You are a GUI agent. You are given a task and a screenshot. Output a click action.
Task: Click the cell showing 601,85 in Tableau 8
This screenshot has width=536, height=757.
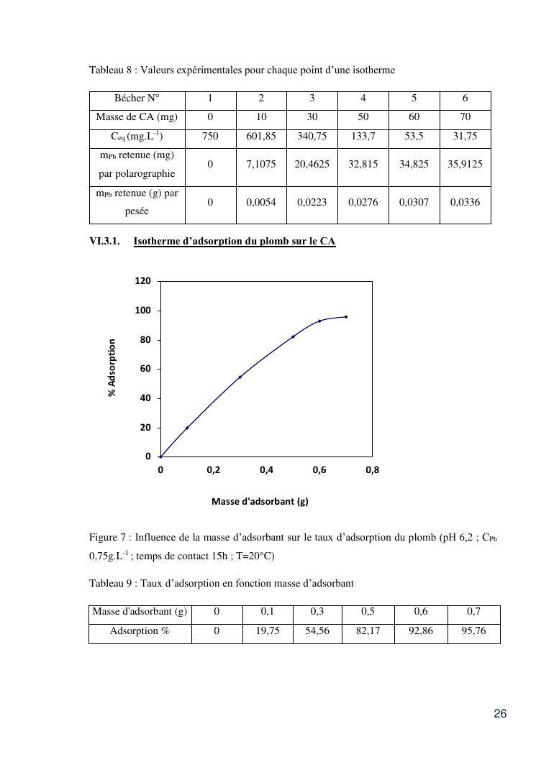tap(261, 137)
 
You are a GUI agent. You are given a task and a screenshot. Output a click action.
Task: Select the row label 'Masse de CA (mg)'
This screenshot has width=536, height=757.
tap(137, 117)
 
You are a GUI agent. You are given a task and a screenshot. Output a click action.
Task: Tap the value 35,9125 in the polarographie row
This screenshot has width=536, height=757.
tap(465, 164)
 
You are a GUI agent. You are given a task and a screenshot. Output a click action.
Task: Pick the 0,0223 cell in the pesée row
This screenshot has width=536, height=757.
tap(312, 203)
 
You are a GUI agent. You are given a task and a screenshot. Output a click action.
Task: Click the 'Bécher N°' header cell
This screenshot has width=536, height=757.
tap(137, 98)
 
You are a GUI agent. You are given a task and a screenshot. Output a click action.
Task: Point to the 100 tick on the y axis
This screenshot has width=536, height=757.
tap(143, 311)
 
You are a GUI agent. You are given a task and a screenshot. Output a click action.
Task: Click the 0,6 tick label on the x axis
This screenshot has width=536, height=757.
tap(319, 471)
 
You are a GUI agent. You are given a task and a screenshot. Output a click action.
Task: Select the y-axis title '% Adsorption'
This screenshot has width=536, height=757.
tap(112, 368)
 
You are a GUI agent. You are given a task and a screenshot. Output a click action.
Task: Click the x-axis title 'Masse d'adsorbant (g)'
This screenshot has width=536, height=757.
tap(260, 502)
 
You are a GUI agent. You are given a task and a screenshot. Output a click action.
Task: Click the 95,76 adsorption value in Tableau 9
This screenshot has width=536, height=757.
tap(473, 631)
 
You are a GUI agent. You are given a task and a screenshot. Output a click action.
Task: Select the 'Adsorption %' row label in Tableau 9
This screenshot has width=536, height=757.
tap(140, 631)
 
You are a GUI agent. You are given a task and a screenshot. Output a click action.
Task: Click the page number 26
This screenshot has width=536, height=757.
tap(500, 714)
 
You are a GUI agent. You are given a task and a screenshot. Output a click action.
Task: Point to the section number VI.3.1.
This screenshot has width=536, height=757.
tap(104, 242)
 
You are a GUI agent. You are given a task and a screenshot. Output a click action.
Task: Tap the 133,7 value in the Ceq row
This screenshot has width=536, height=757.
tap(363, 137)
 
